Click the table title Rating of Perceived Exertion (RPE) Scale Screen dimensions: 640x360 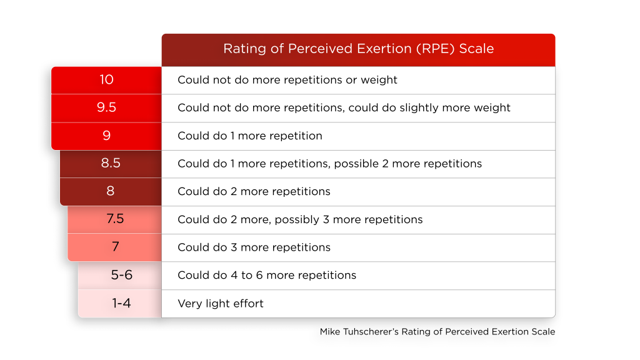click(x=358, y=49)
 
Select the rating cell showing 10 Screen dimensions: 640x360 click(x=106, y=80)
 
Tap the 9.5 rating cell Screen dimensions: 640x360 click(x=106, y=108)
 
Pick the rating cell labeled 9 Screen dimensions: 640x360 click(x=106, y=136)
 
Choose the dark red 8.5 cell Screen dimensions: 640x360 click(x=111, y=164)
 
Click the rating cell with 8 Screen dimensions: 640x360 click(x=111, y=191)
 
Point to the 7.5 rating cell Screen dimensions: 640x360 click(x=115, y=219)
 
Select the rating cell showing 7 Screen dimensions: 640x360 click(x=115, y=247)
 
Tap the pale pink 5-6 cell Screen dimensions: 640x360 click(x=120, y=276)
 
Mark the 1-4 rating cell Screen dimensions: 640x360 click(x=120, y=303)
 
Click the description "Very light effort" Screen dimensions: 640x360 click(x=221, y=304)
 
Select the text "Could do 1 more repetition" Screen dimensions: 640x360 click(x=250, y=136)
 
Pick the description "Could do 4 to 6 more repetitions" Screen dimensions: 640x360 click(x=267, y=276)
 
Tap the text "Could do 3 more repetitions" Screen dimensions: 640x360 click(x=254, y=247)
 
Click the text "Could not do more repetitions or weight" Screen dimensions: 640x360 click(x=287, y=80)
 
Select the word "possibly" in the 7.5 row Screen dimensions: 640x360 click(x=297, y=220)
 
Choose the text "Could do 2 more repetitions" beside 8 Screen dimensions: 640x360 click(x=254, y=192)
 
